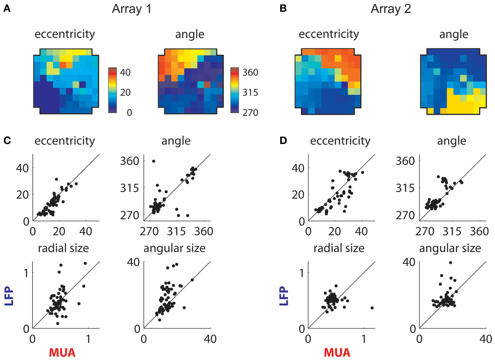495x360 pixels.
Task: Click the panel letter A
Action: [x=7, y=9]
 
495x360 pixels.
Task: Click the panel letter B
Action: [x=283, y=9]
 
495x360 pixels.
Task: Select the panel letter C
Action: [x=7, y=141]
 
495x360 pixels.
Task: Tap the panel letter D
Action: [x=283, y=141]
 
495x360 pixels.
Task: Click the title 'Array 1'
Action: [x=131, y=9]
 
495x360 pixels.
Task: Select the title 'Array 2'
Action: [x=390, y=9]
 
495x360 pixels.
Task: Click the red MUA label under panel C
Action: [x=62, y=353]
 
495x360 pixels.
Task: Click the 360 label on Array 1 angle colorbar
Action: [x=250, y=72]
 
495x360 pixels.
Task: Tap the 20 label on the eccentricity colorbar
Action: [x=125, y=92]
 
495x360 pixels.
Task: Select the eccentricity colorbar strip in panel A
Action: [x=112, y=90]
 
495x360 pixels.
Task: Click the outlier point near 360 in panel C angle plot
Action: [x=153, y=161]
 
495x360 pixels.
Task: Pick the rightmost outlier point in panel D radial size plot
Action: [x=372, y=308]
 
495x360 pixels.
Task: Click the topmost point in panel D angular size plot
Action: [x=450, y=263]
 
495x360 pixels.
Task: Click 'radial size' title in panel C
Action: [x=63, y=248]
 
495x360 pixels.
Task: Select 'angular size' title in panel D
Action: [x=450, y=248]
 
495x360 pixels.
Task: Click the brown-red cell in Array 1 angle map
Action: [x=207, y=84]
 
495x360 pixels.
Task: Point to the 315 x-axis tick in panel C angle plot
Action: [x=177, y=231]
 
